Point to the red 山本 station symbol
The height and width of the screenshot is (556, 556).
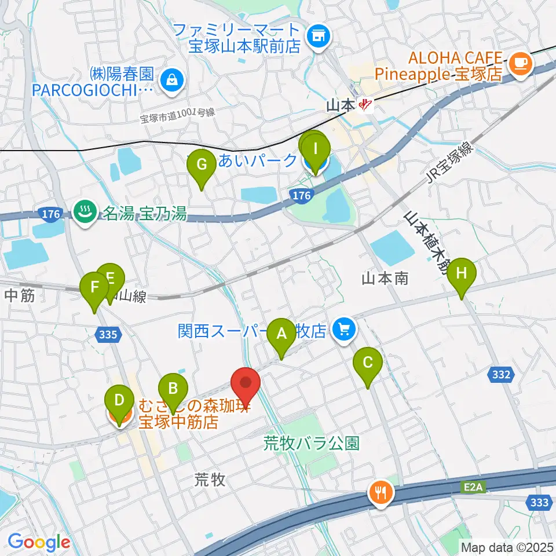365,105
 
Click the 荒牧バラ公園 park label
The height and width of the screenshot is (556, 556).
312,444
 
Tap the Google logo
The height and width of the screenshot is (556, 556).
39,542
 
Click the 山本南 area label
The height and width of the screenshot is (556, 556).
385,279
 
